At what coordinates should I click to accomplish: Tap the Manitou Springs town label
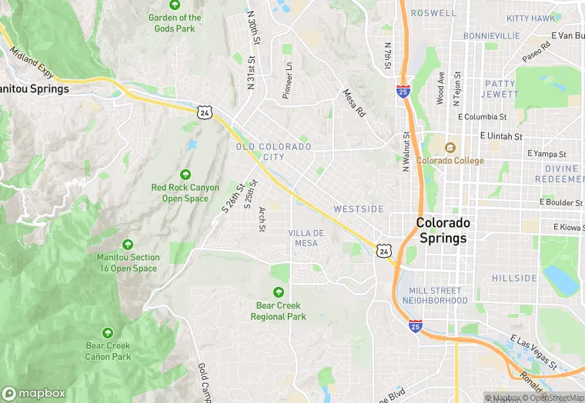[35, 88]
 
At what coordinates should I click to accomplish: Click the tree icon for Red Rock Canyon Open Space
[185, 175]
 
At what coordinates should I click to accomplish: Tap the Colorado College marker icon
[450, 148]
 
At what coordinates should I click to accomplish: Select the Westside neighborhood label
[358, 209]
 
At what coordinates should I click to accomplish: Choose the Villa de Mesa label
[306, 238]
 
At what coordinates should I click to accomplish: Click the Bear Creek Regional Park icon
[279, 292]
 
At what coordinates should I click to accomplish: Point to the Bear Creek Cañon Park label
[108, 351]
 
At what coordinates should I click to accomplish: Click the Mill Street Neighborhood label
[434, 295]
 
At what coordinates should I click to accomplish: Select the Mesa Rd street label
[353, 103]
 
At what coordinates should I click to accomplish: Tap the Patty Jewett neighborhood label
[500, 88]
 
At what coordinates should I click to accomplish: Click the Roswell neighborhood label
[433, 13]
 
